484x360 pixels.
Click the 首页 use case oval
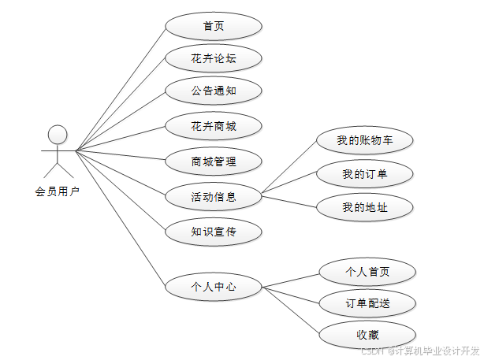coord(214,26)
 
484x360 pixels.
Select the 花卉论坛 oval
coord(214,58)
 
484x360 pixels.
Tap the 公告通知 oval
coord(214,91)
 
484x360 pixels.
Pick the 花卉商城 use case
coord(214,124)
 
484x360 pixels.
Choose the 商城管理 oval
coord(214,162)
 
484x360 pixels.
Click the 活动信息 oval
coord(214,196)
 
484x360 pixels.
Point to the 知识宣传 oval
coord(214,232)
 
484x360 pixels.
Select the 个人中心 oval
coord(214,287)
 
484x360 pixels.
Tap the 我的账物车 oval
coord(365,141)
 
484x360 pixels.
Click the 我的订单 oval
coord(365,174)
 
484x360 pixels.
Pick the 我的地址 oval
coord(365,207)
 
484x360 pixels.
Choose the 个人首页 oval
coord(367,272)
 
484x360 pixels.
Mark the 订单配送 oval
coord(367,303)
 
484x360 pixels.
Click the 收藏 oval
coord(367,335)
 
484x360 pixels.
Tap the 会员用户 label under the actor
coord(57,191)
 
